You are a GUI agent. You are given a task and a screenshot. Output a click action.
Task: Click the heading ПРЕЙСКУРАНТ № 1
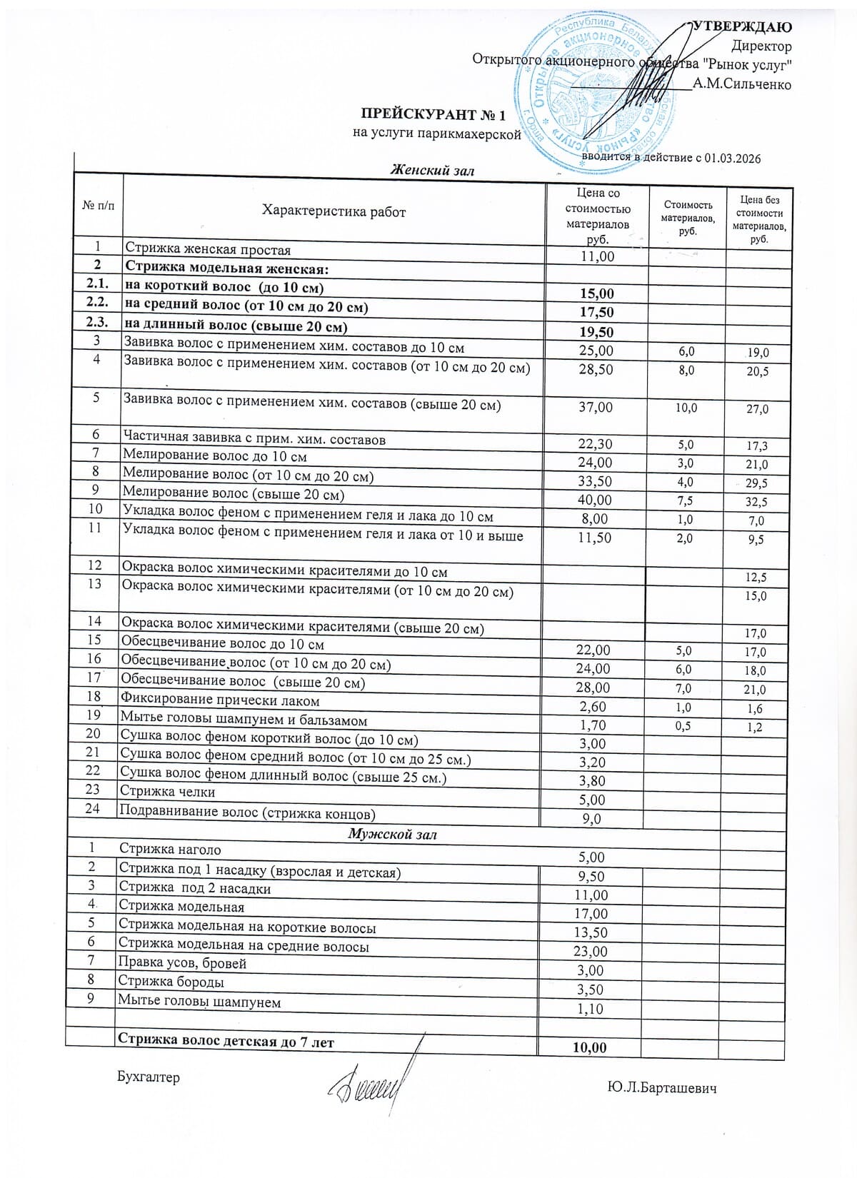[433, 115]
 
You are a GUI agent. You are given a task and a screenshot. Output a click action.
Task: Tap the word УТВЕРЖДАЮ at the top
[743, 27]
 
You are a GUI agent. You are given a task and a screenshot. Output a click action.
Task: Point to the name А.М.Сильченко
[742, 84]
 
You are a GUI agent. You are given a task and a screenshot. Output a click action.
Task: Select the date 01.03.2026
[732, 158]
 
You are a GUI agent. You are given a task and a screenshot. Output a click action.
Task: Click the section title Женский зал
[432, 170]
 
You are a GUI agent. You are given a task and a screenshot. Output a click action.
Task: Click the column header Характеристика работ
[334, 211]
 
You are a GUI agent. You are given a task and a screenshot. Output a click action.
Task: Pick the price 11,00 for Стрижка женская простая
[597, 256]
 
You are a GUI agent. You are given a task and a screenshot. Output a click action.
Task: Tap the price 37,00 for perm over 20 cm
[596, 407]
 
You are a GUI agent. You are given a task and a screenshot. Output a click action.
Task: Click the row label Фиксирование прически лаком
[220, 700]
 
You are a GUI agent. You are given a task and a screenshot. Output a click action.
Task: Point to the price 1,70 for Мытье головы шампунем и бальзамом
[593, 725]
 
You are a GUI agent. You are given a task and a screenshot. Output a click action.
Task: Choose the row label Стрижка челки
[167, 791]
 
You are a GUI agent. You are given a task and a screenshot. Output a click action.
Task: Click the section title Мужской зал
[392, 834]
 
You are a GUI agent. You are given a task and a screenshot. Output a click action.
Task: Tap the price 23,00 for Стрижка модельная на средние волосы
[591, 952]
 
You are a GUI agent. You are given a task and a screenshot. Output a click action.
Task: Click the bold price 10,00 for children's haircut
[590, 1047]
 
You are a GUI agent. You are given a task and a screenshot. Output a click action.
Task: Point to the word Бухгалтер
[149, 1077]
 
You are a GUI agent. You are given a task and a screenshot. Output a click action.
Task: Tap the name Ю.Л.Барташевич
[662, 1088]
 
